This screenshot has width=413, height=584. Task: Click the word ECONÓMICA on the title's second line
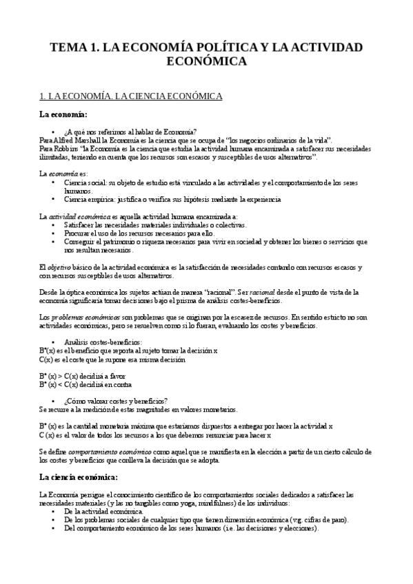(207, 62)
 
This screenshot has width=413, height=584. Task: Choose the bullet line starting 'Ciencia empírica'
(172, 200)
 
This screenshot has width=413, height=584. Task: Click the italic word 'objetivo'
(61, 267)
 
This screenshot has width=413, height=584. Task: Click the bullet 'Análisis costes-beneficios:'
(103, 342)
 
